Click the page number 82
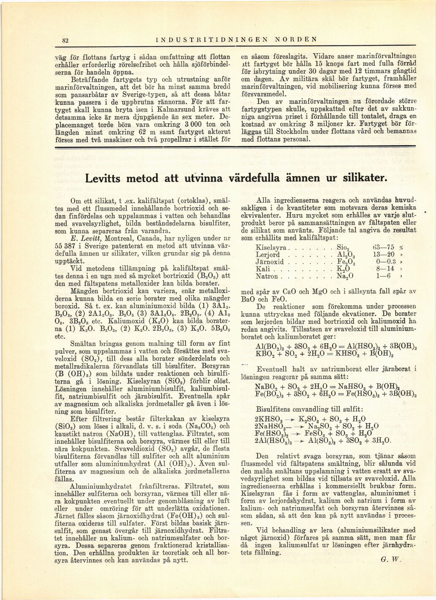pos(66,40)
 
